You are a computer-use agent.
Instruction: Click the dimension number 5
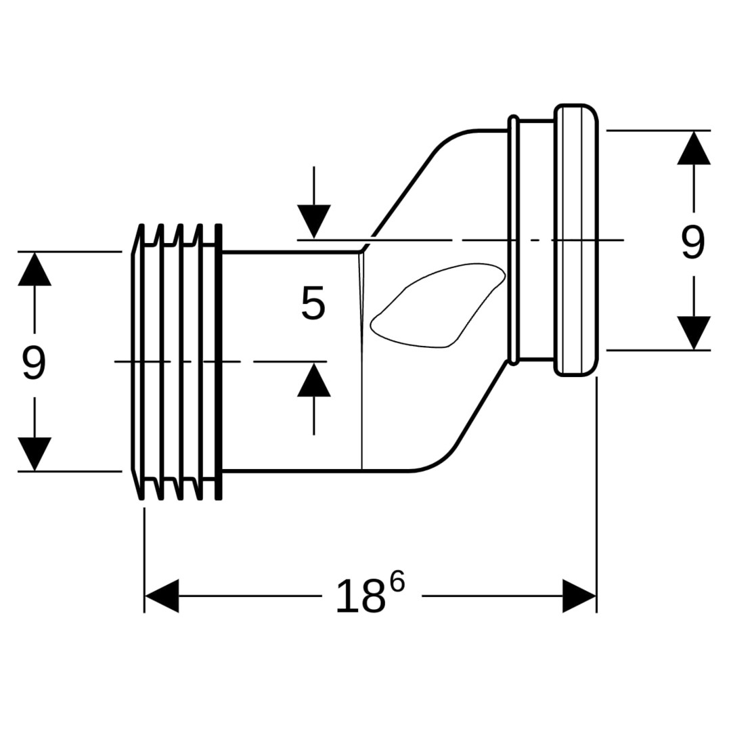pyautogui.click(x=313, y=304)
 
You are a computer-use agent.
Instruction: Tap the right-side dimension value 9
pyautogui.click(x=692, y=242)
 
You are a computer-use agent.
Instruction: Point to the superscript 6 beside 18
pyautogui.click(x=397, y=581)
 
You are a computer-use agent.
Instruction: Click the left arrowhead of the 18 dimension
pyautogui.click(x=161, y=596)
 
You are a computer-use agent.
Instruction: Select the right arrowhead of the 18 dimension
pyautogui.click(x=579, y=596)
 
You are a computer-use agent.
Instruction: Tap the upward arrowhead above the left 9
pyautogui.click(x=35, y=269)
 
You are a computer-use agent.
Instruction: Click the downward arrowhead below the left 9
pyautogui.click(x=35, y=453)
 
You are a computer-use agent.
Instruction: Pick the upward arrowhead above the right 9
pyautogui.click(x=694, y=148)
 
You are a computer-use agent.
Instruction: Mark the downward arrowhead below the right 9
pyautogui.click(x=694, y=332)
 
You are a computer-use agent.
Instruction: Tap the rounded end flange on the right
pyautogui.click(x=577, y=240)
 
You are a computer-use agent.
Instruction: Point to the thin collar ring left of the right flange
pyautogui.click(x=514, y=240)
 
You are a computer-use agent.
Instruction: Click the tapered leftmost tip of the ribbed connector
pyautogui.click(x=135, y=362)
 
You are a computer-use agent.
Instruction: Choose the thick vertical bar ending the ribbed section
pyautogui.click(x=218, y=362)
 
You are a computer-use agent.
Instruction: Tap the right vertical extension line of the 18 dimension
pyautogui.click(x=596, y=494)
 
